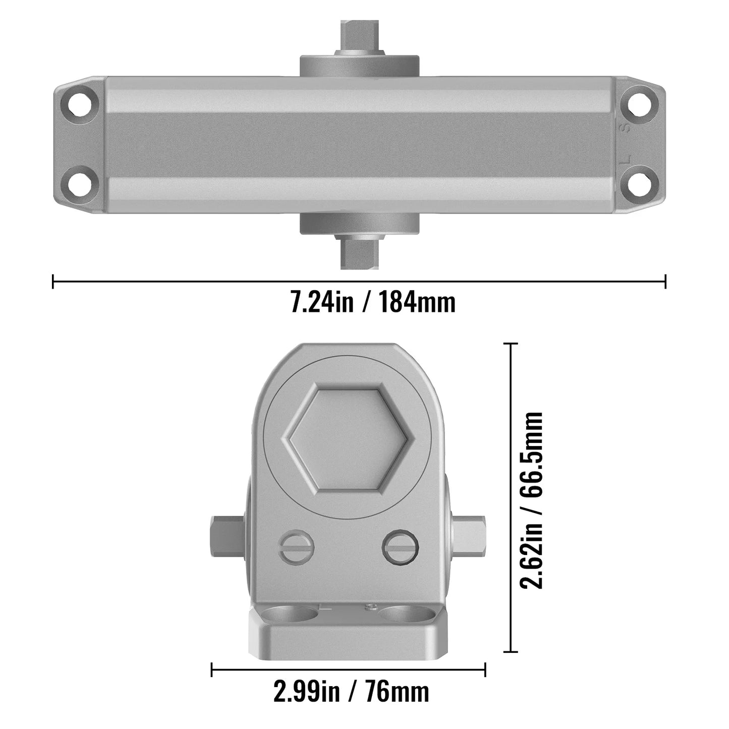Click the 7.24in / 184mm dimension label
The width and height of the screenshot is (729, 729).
(x=373, y=303)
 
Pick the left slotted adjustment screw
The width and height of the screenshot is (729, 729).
(x=296, y=547)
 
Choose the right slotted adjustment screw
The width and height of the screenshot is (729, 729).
(x=401, y=547)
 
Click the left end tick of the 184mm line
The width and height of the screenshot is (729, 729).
(x=53, y=281)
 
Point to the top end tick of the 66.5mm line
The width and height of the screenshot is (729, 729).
(x=511, y=344)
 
